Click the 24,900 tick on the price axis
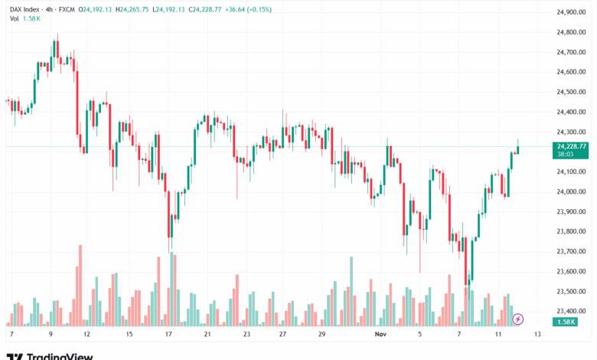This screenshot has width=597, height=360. click(x=571, y=12)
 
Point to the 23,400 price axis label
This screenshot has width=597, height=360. click(x=571, y=311)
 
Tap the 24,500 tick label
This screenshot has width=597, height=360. click(x=571, y=92)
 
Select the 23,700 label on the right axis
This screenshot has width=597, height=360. click(x=571, y=251)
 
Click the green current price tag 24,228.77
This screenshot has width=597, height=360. click(x=572, y=146)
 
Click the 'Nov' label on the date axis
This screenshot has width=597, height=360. click(x=380, y=335)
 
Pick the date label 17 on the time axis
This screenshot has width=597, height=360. click(x=167, y=335)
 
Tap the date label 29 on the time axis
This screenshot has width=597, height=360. click(x=322, y=335)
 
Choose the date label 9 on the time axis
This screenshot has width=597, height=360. click(x=51, y=335)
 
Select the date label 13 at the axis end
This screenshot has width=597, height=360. click(x=538, y=335)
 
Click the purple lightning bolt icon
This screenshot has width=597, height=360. click(x=518, y=318)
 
